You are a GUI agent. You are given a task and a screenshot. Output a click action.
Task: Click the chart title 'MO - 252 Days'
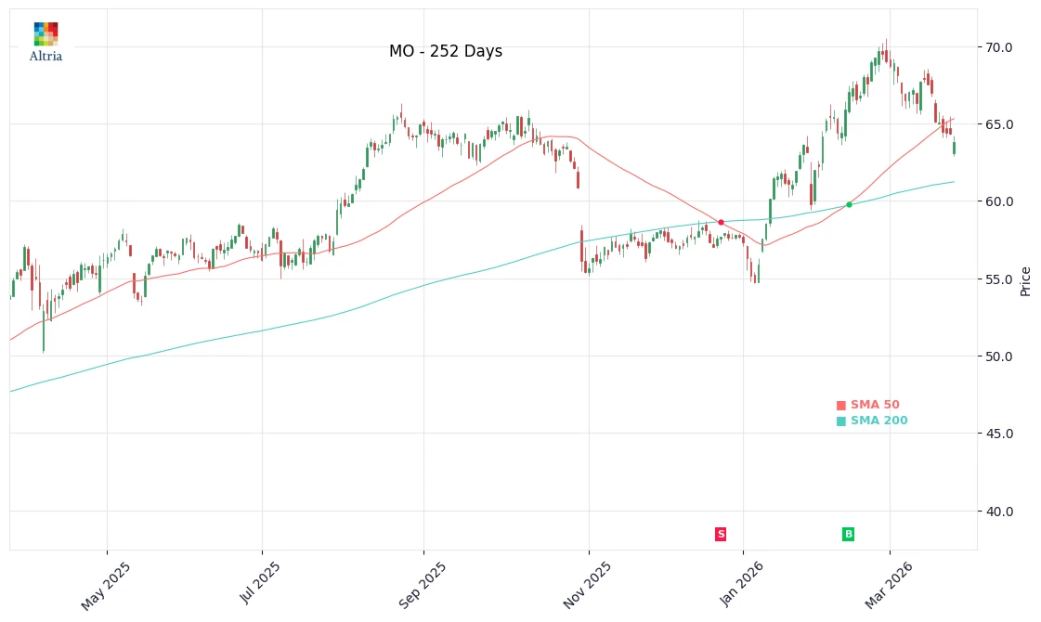[x=446, y=52]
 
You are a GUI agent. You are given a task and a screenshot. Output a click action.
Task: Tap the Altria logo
[x=46, y=43]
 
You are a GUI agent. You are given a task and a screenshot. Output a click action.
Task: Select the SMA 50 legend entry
[x=868, y=405]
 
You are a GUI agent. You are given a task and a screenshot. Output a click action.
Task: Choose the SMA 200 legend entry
[x=872, y=421]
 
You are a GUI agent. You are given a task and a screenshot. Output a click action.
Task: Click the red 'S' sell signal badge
[x=721, y=534]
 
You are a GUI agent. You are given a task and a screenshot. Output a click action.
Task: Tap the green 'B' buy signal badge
[x=848, y=534]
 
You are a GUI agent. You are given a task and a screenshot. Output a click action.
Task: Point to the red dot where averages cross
[x=721, y=222]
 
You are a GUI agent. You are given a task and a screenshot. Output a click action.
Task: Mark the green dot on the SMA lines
[x=849, y=204]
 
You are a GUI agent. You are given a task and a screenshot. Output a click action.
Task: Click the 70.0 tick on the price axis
[x=999, y=47]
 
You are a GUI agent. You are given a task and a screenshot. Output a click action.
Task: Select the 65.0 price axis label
[x=999, y=124]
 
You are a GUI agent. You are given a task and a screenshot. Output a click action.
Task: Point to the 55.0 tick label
[x=999, y=279]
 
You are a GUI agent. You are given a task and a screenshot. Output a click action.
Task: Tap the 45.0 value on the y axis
[x=999, y=434]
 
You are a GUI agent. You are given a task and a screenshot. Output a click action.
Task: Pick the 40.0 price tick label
[x=999, y=512]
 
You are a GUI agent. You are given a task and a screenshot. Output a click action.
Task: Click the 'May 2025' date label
[x=106, y=586]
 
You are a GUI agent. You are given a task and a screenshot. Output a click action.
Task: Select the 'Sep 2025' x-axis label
[x=423, y=586]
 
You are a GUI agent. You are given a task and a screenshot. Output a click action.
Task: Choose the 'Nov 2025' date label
[x=588, y=586]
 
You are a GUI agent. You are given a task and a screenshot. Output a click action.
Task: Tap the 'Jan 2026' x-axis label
[x=742, y=586]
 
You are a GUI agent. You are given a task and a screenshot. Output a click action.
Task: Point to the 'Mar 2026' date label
[x=889, y=586]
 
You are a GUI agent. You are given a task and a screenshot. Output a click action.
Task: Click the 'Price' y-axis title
[x=1026, y=280]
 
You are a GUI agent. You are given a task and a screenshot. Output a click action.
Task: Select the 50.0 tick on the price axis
[x=999, y=356]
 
